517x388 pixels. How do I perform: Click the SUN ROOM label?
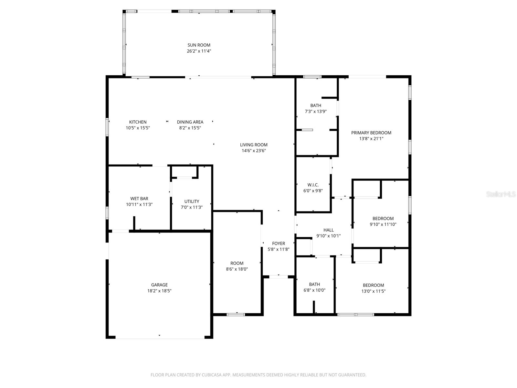tap(199, 45)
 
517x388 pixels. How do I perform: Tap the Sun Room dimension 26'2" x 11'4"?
tap(199, 51)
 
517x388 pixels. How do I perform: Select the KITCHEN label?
tap(138, 122)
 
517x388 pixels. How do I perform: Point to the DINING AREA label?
tap(190, 122)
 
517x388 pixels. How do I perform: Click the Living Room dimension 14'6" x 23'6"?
tap(254, 151)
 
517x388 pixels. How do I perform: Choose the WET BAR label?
tap(139, 199)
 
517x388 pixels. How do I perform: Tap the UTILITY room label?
tap(192, 201)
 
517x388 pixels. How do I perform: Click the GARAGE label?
tap(159, 285)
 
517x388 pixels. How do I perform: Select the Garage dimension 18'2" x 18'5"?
tap(159, 291)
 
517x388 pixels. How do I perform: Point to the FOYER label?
tap(279, 243)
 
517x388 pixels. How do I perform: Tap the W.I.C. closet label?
tap(313, 185)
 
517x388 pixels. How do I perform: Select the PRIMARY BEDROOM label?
tap(371, 133)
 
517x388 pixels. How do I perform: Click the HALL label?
tap(328, 230)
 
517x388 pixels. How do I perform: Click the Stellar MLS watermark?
tap(501, 194)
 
